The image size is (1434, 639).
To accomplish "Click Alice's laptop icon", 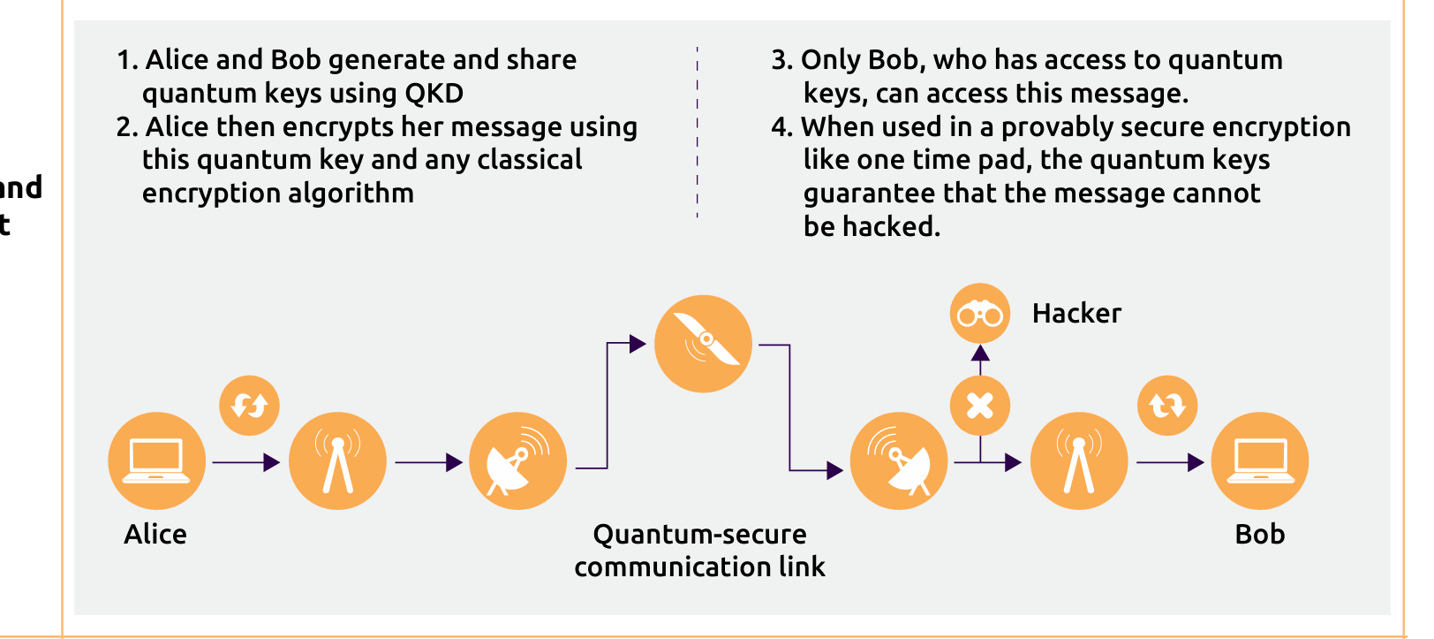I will pos(156,460).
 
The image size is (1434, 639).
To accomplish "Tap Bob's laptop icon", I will pos(1259,460).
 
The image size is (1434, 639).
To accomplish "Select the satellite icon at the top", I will pos(703,343).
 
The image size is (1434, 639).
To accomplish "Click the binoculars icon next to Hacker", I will pos(980,313).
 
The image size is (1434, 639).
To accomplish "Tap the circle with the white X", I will pos(980,406).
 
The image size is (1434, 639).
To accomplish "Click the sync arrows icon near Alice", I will pos(249,406).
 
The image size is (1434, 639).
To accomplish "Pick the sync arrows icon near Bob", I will pos(1167,406).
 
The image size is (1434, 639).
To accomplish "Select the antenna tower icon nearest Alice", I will pos(337,460).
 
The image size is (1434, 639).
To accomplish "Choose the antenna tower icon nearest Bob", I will pos(1078,460).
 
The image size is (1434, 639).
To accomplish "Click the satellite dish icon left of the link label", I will pos(517,460).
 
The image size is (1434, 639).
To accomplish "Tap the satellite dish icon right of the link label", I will pos(898,460).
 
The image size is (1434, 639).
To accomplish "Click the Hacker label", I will pos(1076,314).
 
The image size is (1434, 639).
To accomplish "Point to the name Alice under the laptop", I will pos(155,534).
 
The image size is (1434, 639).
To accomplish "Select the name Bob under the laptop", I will pos(1259,534).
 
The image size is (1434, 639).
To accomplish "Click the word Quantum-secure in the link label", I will pos(699,534).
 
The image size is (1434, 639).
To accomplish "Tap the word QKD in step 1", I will pos(434,94).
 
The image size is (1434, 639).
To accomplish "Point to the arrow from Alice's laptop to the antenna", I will pos(246,461).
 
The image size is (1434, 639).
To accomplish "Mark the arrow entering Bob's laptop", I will pos(1170,461).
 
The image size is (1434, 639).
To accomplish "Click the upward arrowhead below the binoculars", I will pos(980,354).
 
